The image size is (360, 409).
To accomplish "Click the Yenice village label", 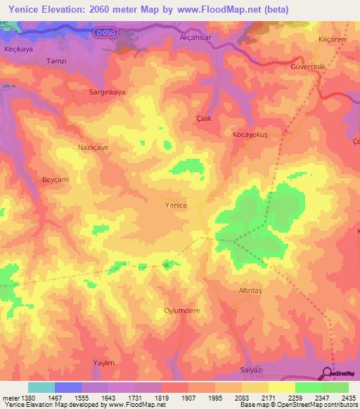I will coord(176,205).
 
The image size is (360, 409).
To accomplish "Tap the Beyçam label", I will coord(54,180).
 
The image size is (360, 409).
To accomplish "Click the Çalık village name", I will coord(204,119).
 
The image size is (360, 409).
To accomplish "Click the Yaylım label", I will coord(103,362).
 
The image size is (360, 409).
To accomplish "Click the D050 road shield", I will coord(105,32).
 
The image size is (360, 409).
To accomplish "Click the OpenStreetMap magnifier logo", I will coord(326,373).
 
